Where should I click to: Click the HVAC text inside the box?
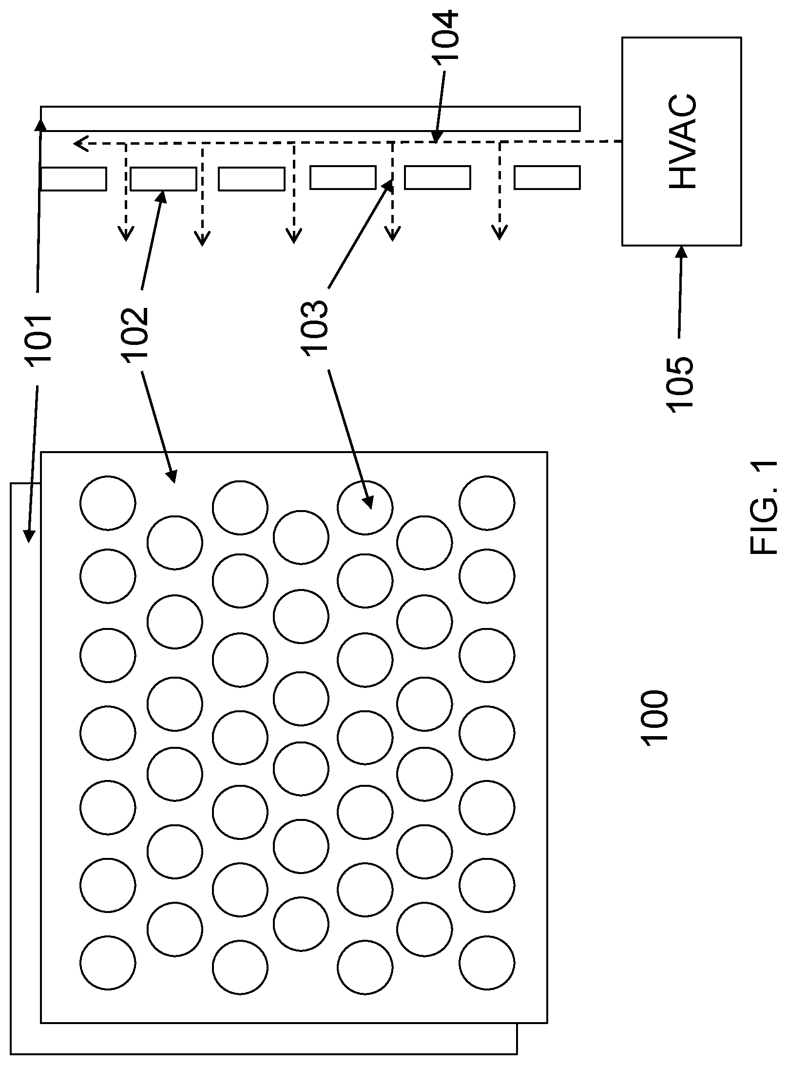coord(682,141)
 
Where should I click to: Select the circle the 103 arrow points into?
coord(365,508)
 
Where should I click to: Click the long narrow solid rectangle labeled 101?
coord(310,118)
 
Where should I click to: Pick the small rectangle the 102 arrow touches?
coord(164,179)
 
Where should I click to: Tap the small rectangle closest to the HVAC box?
coord(547,178)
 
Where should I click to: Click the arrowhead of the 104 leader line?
coord(437,138)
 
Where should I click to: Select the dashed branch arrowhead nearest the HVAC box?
coord(499,233)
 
